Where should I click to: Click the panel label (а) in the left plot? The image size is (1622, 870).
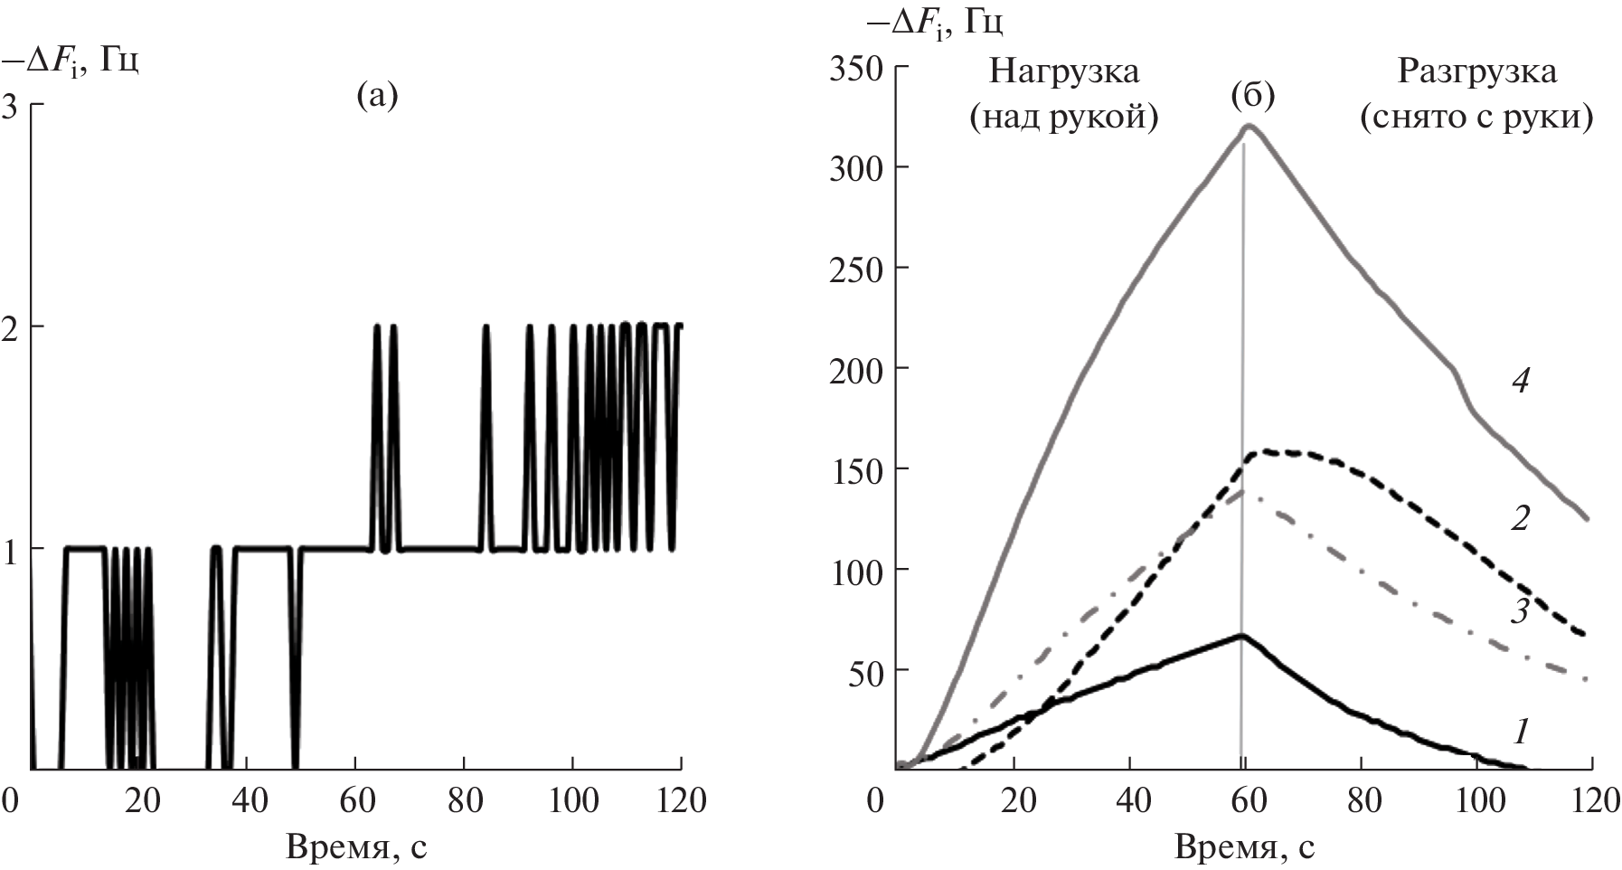[376, 94]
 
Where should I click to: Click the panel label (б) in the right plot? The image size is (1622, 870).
[1253, 94]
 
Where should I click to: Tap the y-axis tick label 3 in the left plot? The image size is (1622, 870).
[12, 106]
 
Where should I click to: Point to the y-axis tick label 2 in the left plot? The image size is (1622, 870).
[12, 326]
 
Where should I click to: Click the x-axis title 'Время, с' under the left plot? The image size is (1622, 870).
[356, 847]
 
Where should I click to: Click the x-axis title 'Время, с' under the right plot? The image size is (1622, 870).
[1245, 847]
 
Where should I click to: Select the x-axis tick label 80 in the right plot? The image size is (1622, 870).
[1362, 800]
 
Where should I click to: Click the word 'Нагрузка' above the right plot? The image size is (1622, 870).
[1064, 71]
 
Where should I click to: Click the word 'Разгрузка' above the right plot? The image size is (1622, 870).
[1476, 71]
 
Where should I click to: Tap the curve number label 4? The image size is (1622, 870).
[1520, 381]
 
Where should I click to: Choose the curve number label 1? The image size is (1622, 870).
[1520, 730]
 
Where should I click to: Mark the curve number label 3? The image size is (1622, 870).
[1520, 611]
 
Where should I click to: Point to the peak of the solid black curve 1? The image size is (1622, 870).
[1242, 635]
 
